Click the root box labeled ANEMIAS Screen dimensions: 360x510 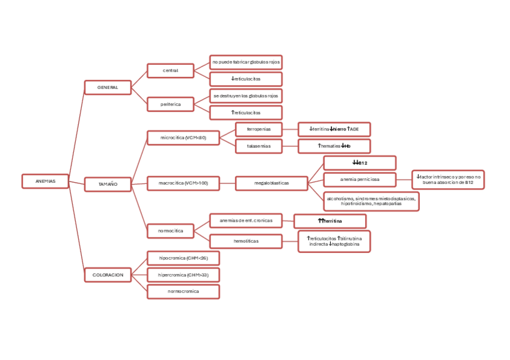pyautogui.click(x=45, y=181)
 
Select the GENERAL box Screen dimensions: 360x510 pyautogui.click(x=108, y=88)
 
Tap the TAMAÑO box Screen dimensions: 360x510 pyautogui.click(x=108, y=185)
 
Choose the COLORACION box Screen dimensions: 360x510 pyautogui.click(x=108, y=275)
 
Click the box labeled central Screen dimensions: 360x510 pyautogui.click(x=170, y=71)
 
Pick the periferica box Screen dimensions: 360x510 pyautogui.click(x=170, y=104)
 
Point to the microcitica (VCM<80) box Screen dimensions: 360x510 pyautogui.click(x=183, y=138)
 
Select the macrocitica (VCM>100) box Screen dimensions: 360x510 pyautogui.click(x=183, y=183)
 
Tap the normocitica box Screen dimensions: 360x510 pyautogui.click(x=170, y=231)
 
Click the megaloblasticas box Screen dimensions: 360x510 pyautogui.click(x=271, y=183)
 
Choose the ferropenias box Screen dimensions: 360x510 pyautogui.click(x=259, y=129)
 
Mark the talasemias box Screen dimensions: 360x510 pyautogui.click(x=259, y=146)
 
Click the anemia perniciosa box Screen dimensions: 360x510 pyautogui.click(x=360, y=179)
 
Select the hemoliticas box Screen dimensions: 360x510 pyautogui.click(x=245, y=242)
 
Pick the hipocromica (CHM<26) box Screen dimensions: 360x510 pyautogui.click(x=183, y=258)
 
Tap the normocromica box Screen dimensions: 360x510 pyautogui.click(x=183, y=291)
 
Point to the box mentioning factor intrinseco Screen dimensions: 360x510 pyautogui.click(x=448, y=179)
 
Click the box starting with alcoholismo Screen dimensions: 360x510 pyautogui.click(x=371, y=201)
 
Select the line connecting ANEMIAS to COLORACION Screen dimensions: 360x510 pyautogui.click(x=76, y=228)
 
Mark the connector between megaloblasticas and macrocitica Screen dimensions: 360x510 pyautogui.click(x=227, y=183)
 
